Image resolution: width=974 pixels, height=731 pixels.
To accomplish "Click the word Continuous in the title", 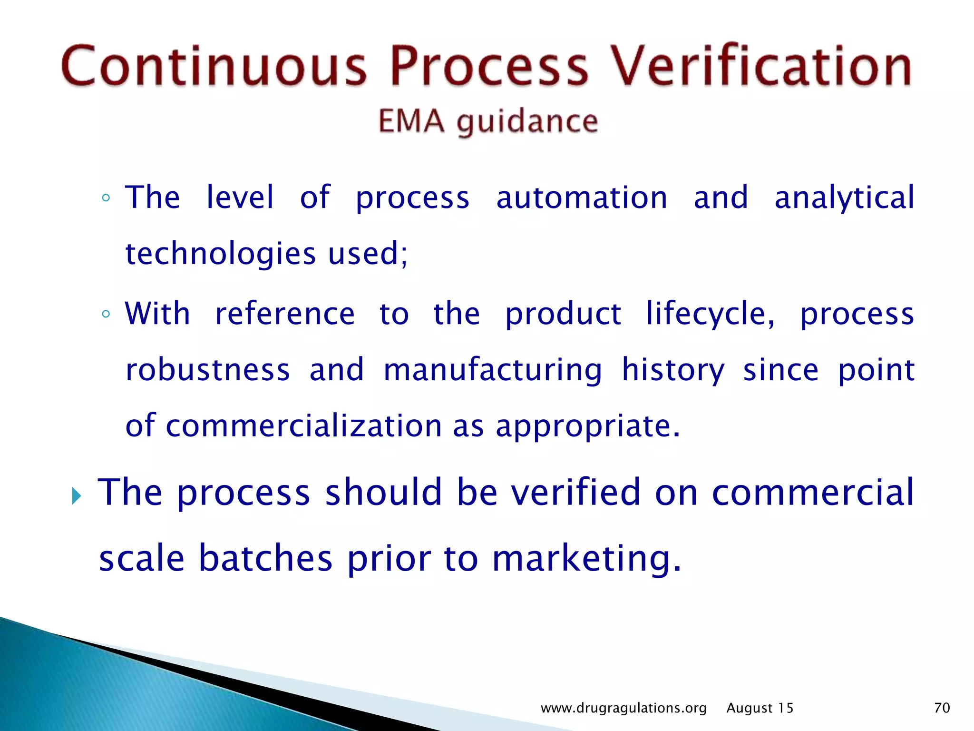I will [x=214, y=66].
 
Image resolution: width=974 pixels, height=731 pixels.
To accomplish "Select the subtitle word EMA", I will [x=411, y=121].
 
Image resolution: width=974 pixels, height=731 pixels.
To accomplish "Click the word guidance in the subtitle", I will [x=527, y=122].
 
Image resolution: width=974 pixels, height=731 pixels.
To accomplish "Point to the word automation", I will [x=582, y=198].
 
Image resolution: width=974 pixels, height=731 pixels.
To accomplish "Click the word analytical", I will [x=844, y=198].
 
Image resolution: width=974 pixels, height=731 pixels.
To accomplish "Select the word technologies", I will [x=220, y=253].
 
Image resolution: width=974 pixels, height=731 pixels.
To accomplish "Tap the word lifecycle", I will [x=710, y=314].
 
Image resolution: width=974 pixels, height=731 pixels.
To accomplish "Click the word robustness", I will [x=207, y=370].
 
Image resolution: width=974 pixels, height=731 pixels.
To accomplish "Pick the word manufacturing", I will [x=493, y=370].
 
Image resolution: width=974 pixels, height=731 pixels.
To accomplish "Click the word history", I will [x=673, y=370].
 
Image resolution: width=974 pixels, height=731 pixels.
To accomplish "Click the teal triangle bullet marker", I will [x=76, y=496].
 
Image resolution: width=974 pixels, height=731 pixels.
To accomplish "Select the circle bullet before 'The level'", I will [x=106, y=198].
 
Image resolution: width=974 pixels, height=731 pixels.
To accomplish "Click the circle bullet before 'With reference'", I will [x=106, y=314].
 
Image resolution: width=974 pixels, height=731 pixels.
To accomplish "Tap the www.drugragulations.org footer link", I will [x=623, y=708].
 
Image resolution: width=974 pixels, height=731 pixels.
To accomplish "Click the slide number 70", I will [x=942, y=708].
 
